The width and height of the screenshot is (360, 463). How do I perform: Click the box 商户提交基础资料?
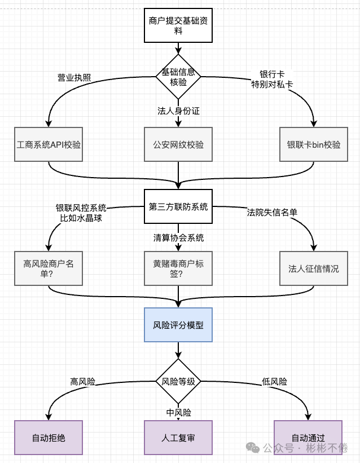point(178,26)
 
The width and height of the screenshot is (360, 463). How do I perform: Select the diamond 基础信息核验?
point(178,77)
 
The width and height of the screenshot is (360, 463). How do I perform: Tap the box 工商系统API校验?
point(49,144)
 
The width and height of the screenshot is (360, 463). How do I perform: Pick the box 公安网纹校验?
point(178,144)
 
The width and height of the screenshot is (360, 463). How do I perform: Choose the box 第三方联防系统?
point(178,206)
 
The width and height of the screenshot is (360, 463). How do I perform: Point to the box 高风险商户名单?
point(49,268)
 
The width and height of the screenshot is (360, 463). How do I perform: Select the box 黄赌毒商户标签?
point(178,268)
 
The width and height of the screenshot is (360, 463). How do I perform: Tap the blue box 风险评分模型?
point(178,325)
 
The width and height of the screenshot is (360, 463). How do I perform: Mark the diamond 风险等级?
point(178,381)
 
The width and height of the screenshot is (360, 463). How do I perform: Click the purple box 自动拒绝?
point(49,438)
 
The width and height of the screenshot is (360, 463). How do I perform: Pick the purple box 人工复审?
point(178,438)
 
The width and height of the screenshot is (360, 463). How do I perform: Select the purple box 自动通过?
point(308,438)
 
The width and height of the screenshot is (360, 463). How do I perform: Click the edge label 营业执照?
point(74,77)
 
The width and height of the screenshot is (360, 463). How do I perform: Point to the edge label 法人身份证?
point(178,111)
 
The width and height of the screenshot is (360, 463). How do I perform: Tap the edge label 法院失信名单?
point(272,212)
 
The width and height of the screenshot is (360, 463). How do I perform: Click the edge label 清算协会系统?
point(178,237)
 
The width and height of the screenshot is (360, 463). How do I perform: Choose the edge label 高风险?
point(82,382)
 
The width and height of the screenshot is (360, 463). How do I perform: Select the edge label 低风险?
point(275,382)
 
